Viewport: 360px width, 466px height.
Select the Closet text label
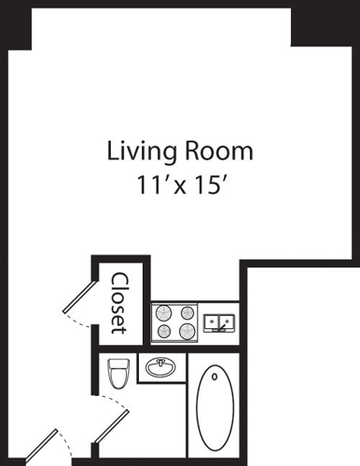tap(119, 302)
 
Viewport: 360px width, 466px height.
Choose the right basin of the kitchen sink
tap(228, 323)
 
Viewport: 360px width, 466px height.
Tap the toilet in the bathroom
tap(118, 376)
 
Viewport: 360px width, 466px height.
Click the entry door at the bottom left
tap(42, 448)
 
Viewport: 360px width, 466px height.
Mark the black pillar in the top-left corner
tap(16, 23)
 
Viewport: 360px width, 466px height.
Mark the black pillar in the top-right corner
tap(324, 22)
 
